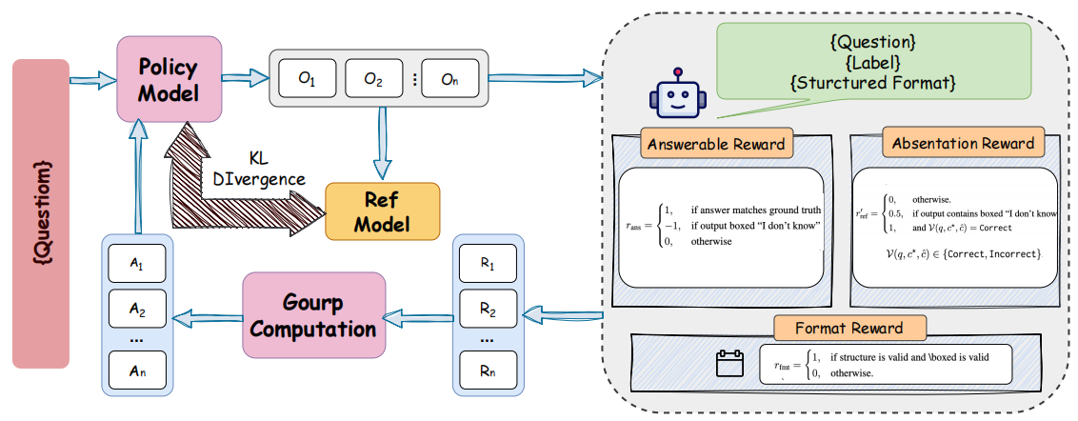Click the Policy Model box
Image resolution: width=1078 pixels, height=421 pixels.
[x=170, y=81]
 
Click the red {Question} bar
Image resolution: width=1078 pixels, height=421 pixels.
[x=40, y=213]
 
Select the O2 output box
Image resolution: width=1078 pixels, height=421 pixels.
[x=372, y=80]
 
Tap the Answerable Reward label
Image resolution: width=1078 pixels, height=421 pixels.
[x=716, y=144]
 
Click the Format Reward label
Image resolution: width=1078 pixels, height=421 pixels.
[x=849, y=329]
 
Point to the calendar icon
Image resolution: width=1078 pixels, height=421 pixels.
[x=728, y=364]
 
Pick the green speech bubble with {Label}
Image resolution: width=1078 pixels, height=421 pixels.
[x=874, y=62]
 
